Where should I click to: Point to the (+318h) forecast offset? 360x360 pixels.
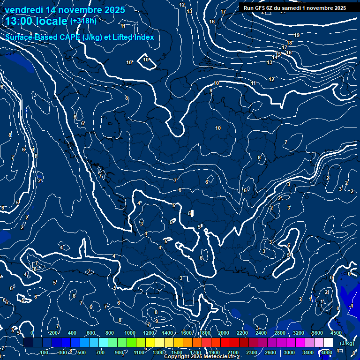(x=83, y=21)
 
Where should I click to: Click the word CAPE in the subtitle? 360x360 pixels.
(x=69, y=37)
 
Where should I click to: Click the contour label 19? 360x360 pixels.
(x=297, y=36)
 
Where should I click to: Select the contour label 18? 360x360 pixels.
(x=289, y=43)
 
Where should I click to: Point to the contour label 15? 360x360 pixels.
(x=278, y=54)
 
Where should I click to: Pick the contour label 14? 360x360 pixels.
(x=275, y=58)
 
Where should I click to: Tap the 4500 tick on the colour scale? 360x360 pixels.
(x=336, y=333)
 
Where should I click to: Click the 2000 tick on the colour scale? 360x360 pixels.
(x=224, y=333)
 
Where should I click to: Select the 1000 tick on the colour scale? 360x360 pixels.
(x=130, y=333)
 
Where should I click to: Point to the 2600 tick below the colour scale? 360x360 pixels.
(x=270, y=352)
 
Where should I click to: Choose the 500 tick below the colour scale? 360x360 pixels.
(x=82, y=352)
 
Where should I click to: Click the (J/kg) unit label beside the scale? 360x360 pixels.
(x=347, y=343)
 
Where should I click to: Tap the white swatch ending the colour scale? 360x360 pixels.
(x=328, y=343)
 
